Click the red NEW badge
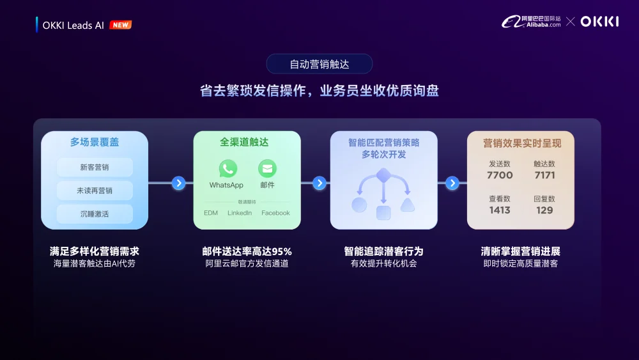point(121,25)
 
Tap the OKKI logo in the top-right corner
point(599,22)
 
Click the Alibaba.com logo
point(532,22)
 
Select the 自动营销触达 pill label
point(319,64)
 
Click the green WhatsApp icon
point(227,169)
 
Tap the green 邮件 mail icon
point(267,169)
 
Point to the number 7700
point(500,175)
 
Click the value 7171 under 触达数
point(544,175)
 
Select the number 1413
point(500,210)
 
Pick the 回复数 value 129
point(544,210)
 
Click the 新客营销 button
point(95,168)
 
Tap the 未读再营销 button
point(95,191)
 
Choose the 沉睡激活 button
point(95,214)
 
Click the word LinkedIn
point(240,213)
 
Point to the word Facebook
point(275,213)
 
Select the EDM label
point(211,213)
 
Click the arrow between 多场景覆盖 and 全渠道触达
point(179,184)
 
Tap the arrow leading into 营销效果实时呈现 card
point(452,184)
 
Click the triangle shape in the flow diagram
point(407,205)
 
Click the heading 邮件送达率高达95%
point(247,251)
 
